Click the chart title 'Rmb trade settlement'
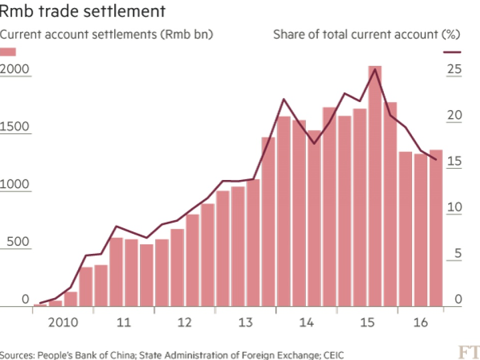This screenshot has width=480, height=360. (83, 11)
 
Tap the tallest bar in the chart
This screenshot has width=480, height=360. (374, 186)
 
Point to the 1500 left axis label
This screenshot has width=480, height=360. (16, 127)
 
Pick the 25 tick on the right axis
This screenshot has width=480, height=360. (454, 69)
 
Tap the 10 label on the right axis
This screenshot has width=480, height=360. (454, 208)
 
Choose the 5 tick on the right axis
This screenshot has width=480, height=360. (457, 254)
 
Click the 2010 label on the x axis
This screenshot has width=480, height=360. (63, 322)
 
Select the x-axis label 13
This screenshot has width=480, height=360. (246, 322)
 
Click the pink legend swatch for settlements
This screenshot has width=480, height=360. (9, 52)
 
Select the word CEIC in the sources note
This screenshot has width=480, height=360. (334, 355)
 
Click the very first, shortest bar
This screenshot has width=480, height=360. (39, 305)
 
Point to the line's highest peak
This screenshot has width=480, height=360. (374, 69)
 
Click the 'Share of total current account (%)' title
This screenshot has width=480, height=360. (367, 35)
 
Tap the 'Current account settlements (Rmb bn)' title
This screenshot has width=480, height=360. (107, 35)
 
